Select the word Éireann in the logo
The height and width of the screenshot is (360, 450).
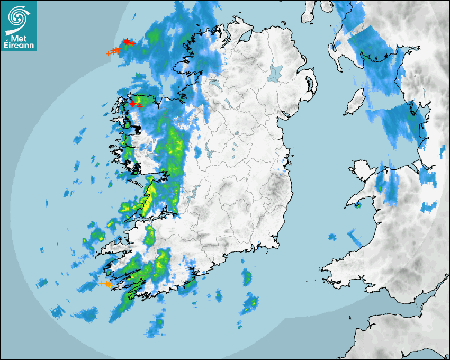[19, 45]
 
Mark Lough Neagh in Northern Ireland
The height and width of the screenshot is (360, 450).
[275, 72]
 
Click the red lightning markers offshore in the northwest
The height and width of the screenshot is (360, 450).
[128, 42]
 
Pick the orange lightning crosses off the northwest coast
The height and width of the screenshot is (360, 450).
[114, 51]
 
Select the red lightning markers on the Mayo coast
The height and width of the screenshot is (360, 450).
[136, 104]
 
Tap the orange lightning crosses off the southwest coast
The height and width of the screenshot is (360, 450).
[105, 284]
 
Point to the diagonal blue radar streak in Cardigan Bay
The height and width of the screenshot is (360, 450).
[354, 236]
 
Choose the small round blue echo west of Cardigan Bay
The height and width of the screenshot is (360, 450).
[332, 236]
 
